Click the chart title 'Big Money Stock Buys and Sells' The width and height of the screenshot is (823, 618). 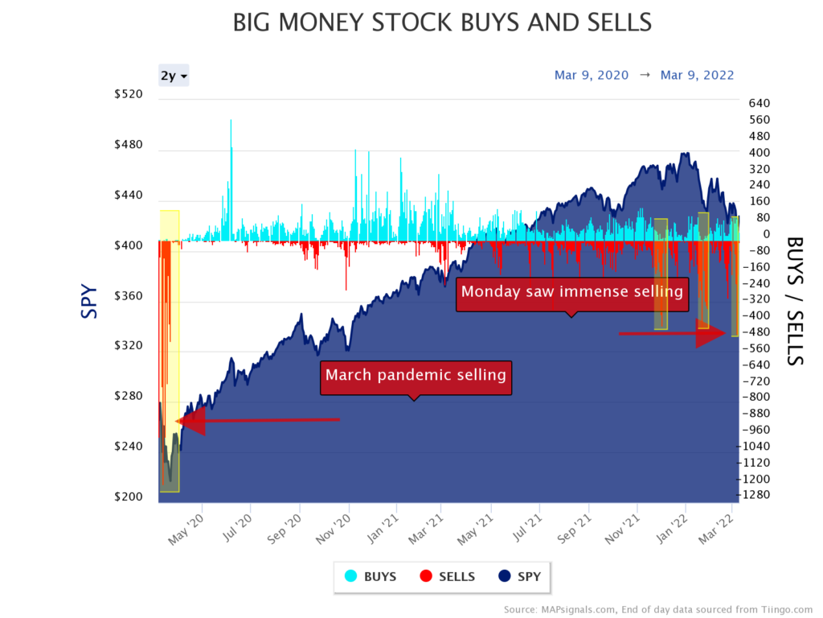click(442, 23)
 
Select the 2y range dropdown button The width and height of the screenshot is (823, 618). click(174, 76)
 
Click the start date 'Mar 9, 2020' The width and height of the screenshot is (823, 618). click(592, 75)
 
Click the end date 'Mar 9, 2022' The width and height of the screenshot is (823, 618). click(698, 75)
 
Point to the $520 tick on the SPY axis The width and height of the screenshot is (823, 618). click(128, 94)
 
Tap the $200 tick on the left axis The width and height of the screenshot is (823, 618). click(128, 496)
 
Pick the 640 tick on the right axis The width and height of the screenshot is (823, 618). click(760, 103)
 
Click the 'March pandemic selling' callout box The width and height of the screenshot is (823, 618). click(416, 375)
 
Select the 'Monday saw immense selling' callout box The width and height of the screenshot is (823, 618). click(572, 291)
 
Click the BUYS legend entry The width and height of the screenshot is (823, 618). click(371, 576)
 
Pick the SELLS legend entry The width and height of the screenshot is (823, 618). click(447, 576)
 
